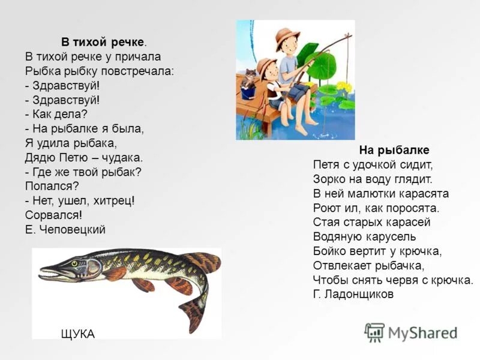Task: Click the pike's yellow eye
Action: (74, 263)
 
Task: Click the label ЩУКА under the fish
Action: (78, 334)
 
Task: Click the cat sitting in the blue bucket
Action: (247, 79)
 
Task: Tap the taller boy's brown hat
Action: (287, 37)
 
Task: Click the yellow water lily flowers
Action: (343, 86)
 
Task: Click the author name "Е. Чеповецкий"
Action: (65, 229)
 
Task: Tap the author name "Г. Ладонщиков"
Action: (353, 294)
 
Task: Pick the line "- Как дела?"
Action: (56, 113)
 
